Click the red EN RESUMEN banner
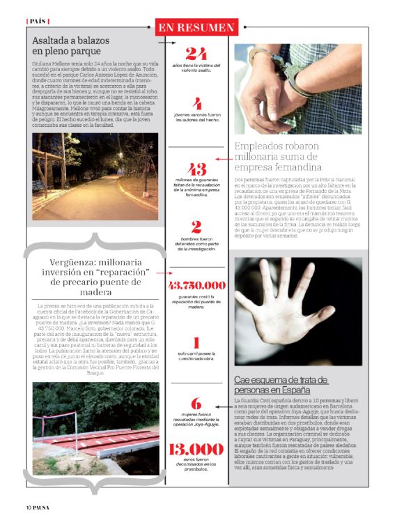click(196, 27)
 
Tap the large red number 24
click(196, 54)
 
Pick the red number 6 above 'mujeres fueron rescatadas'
click(196, 402)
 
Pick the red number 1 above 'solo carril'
click(196, 342)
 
